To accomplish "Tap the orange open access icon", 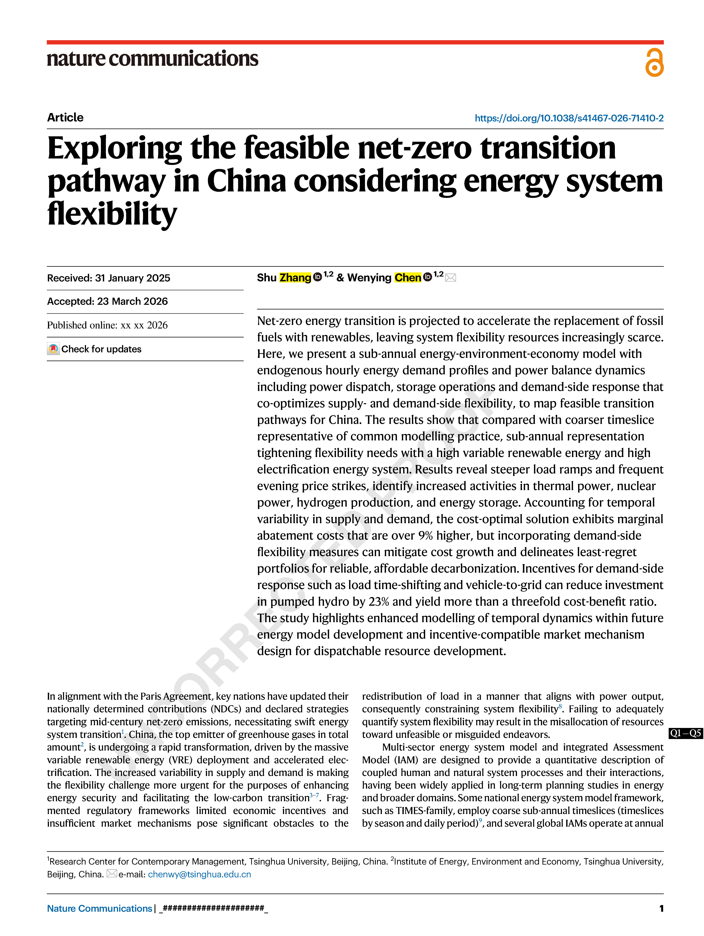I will (x=654, y=63).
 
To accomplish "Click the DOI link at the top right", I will (x=569, y=118).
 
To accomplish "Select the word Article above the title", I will (x=65, y=117).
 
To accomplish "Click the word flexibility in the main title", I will (x=112, y=214).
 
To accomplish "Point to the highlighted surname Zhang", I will (x=295, y=278).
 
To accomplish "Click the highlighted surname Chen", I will (x=408, y=278).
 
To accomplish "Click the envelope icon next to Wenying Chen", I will (x=451, y=278).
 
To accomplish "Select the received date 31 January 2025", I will (x=132, y=278).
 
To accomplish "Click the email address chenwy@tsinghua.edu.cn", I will (x=199, y=874).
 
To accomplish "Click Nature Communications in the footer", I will (x=99, y=908).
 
